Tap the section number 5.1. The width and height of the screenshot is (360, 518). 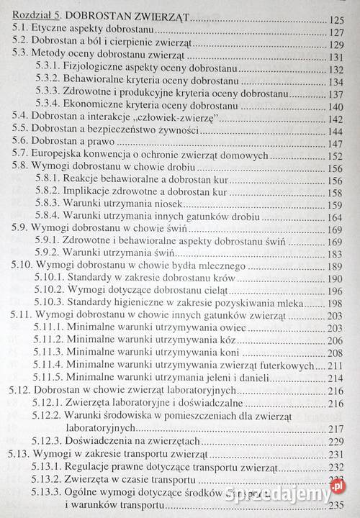pyautogui.click(x=22, y=32)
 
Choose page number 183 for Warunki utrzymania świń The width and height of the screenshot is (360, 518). pyautogui.click(x=335, y=253)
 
